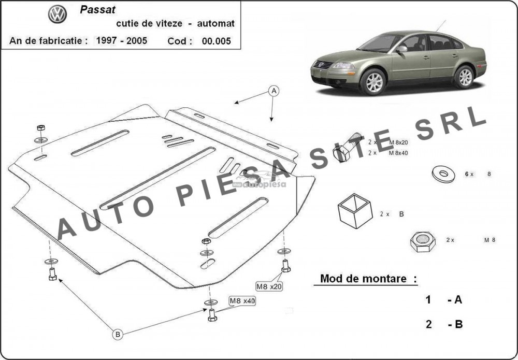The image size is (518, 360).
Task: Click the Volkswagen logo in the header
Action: click(57, 14)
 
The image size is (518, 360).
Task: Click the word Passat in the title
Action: click(98, 9)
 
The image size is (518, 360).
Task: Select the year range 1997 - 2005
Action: click(122, 40)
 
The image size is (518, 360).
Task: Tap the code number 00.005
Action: click(217, 41)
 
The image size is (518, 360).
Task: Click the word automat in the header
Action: click(215, 23)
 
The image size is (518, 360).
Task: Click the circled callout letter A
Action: click(274, 91)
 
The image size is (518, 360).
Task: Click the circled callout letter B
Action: click(117, 335)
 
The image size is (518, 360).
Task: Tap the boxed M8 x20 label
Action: click(269, 286)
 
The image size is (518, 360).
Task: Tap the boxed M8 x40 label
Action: click(242, 301)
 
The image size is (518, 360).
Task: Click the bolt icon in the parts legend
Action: click(347, 147)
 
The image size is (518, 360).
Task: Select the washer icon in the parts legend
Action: click(443, 174)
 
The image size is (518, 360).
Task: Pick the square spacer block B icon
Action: click(355, 211)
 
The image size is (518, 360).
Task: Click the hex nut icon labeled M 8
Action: click(423, 242)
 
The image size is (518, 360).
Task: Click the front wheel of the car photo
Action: click(373, 81)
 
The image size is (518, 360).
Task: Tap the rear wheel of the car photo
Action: click(464, 77)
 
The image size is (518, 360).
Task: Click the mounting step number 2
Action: click(428, 324)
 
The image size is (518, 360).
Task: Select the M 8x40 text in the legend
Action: click(398, 153)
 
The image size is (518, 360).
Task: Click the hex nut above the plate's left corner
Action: click(40, 127)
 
